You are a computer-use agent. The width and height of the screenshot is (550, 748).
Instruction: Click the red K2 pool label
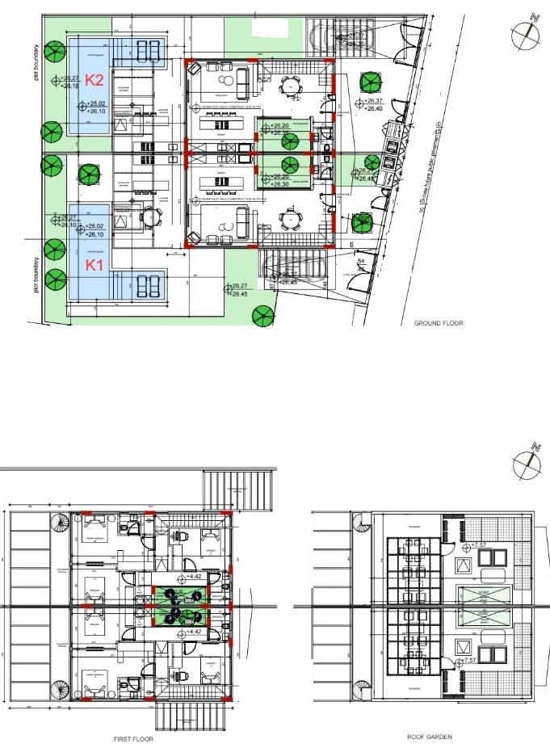click(x=95, y=80)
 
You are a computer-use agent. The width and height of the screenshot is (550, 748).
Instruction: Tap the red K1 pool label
click(x=95, y=263)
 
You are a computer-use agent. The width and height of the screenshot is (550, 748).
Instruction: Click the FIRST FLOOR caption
click(x=132, y=738)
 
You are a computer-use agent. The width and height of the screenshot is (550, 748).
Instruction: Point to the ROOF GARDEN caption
click(x=430, y=737)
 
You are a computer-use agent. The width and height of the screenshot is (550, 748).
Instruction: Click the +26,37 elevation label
click(x=373, y=101)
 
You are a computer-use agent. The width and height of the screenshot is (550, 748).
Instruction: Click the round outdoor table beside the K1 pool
click(x=148, y=216)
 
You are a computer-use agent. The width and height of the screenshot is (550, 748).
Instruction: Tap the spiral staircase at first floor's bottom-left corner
click(x=58, y=689)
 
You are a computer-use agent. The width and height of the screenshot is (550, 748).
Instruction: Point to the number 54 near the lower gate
click(x=361, y=262)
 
